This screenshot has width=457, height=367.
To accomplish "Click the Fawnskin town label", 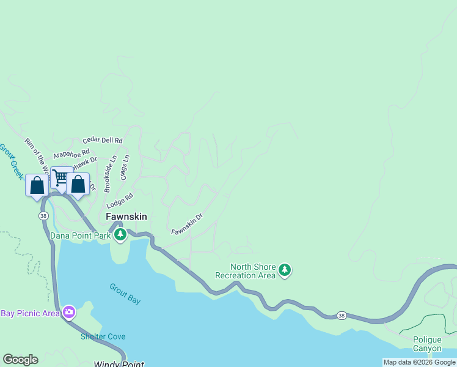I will point(126,217).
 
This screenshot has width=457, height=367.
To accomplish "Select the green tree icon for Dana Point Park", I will point(120,234).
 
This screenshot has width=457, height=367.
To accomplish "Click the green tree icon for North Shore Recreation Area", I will point(284,270).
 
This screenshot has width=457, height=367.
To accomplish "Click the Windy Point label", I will point(119,365).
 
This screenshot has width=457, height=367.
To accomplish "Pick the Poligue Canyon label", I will point(427,344).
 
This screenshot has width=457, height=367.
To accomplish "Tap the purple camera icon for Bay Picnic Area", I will point(68,313).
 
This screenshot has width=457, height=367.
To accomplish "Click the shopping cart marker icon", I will point(61,177).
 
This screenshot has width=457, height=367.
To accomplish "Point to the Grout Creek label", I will point(10,161).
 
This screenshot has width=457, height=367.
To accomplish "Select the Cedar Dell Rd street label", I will point(103,141).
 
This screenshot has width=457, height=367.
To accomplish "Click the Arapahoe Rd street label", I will point(71,153).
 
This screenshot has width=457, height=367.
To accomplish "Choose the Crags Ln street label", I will point(125,166).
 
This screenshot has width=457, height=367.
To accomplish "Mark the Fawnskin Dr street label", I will point(186,224).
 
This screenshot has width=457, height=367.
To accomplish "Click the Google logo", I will point(20,360).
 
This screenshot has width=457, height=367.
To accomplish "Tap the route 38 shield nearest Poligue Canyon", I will point(341,316).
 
